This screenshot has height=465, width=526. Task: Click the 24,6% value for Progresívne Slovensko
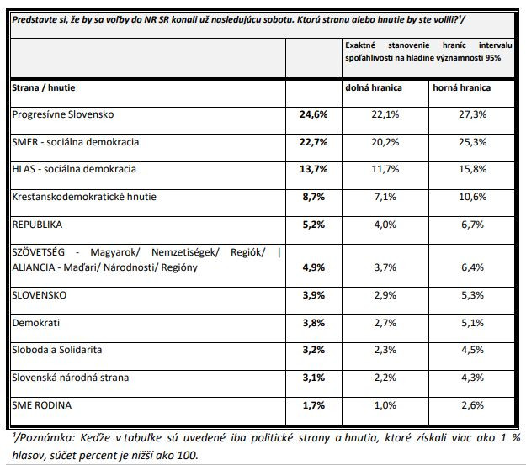(x=313, y=114)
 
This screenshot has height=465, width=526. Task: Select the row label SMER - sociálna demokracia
(x=76, y=142)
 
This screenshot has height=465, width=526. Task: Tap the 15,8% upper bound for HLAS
(x=473, y=169)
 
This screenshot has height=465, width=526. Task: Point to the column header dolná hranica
(x=374, y=87)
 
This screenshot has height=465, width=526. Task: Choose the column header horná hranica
(x=461, y=87)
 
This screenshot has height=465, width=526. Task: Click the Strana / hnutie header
(x=44, y=87)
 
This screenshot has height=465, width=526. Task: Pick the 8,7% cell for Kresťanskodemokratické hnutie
(x=314, y=197)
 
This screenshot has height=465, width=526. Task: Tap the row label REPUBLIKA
(x=37, y=225)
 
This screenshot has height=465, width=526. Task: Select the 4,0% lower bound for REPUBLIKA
(x=385, y=225)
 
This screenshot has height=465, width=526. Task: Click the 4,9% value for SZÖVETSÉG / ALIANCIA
(x=314, y=267)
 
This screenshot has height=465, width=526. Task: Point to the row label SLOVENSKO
(x=40, y=295)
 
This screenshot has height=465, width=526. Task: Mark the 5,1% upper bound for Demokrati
(x=473, y=323)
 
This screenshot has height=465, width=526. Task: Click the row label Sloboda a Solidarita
(x=57, y=350)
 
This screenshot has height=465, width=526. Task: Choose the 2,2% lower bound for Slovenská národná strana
(x=385, y=378)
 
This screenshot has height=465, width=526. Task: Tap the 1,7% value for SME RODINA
(x=314, y=405)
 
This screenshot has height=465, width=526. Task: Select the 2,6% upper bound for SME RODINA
(x=473, y=405)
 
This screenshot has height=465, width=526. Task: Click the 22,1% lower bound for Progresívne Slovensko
(x=385, y=114)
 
